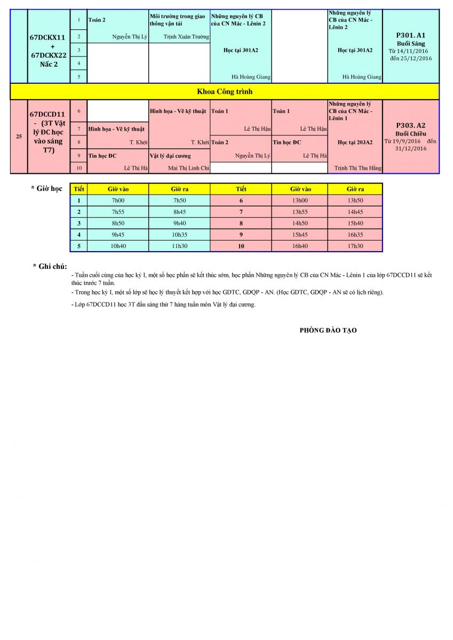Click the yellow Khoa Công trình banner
pos(225,92)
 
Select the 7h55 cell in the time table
pos(118,212)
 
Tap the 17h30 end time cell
pos(355,246)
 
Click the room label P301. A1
pos(410,35)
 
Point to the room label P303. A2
pos(410,125)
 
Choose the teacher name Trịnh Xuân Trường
pos(186,37)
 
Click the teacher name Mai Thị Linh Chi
pos(188,169)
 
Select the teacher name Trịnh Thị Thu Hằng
pos(357,169)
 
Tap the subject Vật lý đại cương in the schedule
pos(170,156)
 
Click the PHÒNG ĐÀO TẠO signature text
pos(328,331)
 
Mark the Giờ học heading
pos(47,189)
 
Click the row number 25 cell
pos(19,137)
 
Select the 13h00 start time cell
pos(300,201)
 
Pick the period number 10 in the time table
pos(241,246)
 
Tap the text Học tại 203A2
pos(355,142)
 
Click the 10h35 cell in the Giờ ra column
pos(179,235)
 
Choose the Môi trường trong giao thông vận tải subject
pos(178,20)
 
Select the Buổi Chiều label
pos(410,133)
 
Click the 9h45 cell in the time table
pos(118,235)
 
